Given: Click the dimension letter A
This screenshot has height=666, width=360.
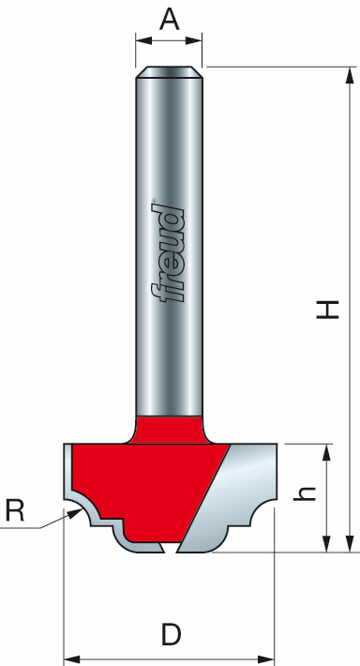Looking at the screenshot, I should pos(169,20).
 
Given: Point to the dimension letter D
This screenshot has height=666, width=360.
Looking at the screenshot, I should pos(170,635).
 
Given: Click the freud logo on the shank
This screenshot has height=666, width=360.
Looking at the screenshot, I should pos(170,252).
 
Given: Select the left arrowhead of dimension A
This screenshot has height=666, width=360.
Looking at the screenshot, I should pos(141,39).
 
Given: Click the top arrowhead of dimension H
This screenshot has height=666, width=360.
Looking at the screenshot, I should pos(349,73).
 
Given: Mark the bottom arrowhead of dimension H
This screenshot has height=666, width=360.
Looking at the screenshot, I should pos(349,546).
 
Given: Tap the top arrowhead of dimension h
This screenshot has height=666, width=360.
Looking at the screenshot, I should pos(326,451).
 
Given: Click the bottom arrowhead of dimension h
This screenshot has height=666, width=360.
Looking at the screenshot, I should pos(326,546).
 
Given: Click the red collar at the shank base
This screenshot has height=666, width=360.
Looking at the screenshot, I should pos(170,428).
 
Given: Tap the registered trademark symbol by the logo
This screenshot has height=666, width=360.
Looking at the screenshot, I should pos(154,199).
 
